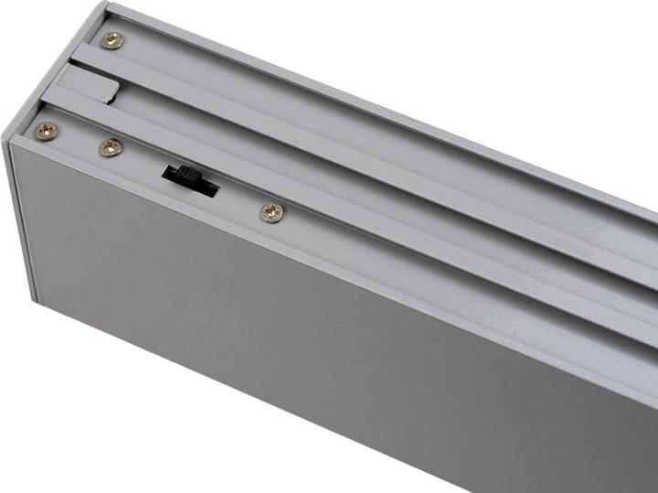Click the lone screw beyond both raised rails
click(x=111, y=39)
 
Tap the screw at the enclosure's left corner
click(x=46, y=131)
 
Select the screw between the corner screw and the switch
click(x=111, y=146)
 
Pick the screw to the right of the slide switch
click(x=271, y=212)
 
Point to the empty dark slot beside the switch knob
click(x=207, y=189)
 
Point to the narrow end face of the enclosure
click(x=22, y=220)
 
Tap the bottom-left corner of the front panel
click(x=39, y=302)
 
